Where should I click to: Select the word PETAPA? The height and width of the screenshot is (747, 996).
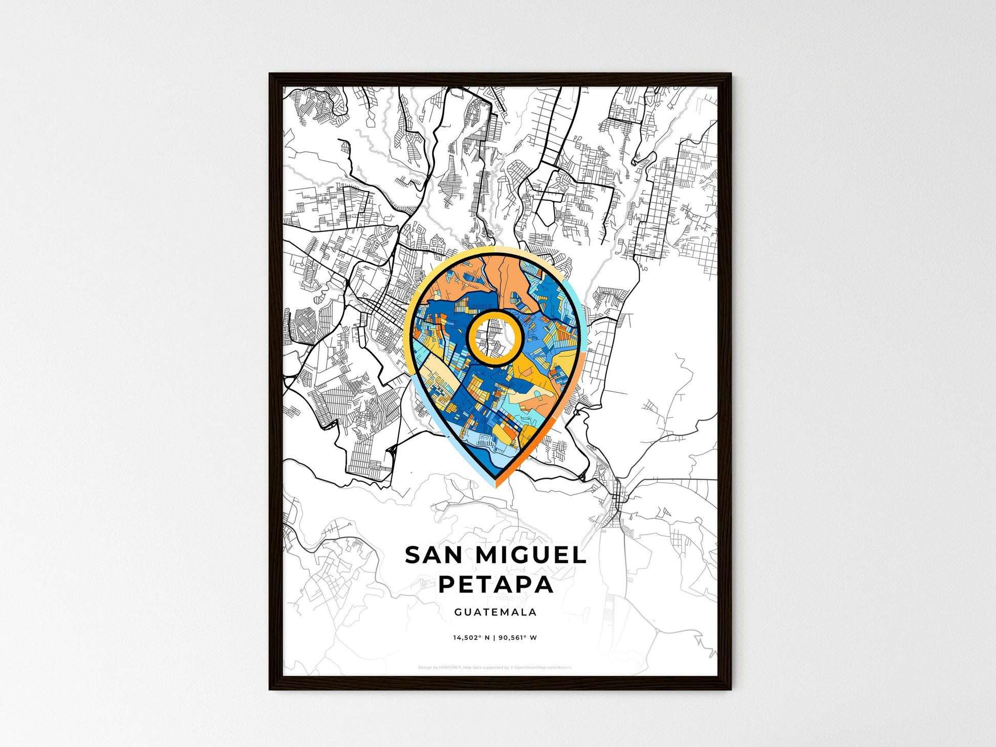point(496,584)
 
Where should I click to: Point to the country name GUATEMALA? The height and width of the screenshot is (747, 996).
point(495,612)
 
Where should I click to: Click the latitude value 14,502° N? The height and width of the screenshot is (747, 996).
point(471,638)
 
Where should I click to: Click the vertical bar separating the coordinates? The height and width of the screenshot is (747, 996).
point(494,638)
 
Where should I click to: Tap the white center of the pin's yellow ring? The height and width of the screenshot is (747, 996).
point(495,338)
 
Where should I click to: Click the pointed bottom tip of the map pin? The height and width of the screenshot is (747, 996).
point(495,485)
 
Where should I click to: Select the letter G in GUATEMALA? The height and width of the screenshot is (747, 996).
point(457,612)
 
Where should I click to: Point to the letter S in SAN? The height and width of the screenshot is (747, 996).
point(413,556)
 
